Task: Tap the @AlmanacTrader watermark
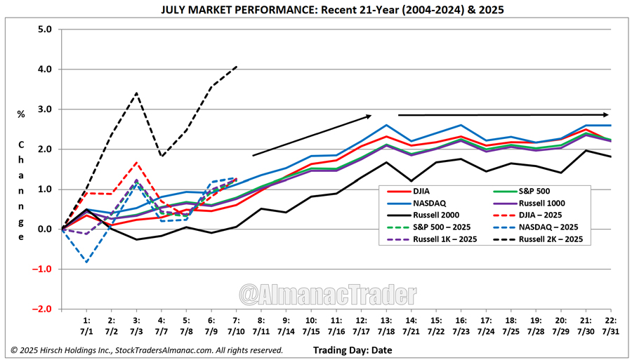coord(327,291)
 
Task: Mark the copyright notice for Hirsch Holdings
coord(147,349)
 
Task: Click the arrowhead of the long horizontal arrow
coord(605,114)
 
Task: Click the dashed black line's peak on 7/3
coord(136,93)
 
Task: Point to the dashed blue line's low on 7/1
coord(86,262)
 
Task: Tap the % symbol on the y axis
coord(21,114)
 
